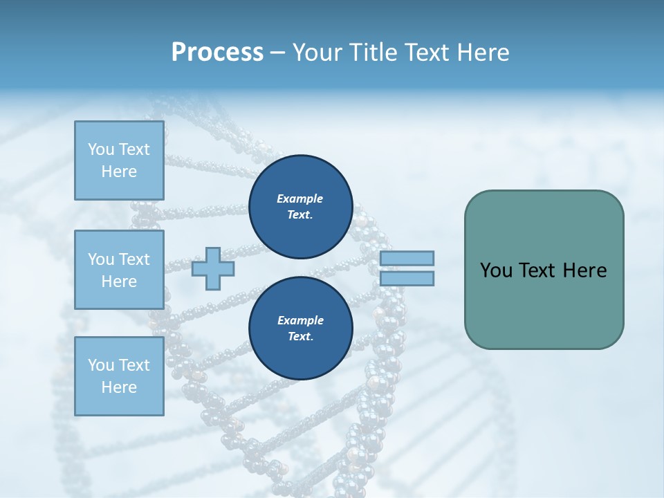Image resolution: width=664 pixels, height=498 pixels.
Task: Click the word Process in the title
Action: (x=217, y=53)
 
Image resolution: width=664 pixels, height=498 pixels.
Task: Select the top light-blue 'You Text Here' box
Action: (x=119, y=160)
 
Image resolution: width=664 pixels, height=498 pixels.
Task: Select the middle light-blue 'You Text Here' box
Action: (x=119, y=270)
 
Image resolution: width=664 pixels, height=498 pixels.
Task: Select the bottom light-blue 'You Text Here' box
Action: (x=119, y=376)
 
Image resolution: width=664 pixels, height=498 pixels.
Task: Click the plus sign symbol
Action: (x=213, y=268)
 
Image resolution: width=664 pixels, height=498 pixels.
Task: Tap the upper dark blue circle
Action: (x=300, y=207)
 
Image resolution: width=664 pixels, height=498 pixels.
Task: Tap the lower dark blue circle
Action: (x=300, y=329)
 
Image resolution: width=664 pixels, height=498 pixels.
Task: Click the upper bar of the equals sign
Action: (x=407, y=259)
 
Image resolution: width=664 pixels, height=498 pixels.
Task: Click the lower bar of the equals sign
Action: (x=407, y=278)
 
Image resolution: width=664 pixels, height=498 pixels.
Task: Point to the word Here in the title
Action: (x=483, y=53)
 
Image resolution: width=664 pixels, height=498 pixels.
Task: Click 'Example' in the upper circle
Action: (x=299, y=199)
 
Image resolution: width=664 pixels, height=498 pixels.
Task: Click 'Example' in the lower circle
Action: (x=299, y=320)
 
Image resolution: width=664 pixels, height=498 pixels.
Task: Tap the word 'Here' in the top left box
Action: (x=119, y=172)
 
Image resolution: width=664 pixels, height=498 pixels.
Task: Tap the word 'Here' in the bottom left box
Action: (x=119, y=387)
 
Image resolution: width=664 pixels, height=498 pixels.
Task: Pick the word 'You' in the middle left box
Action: (x=100, y=259)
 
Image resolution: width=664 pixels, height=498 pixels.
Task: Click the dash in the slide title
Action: (x=278, y=53)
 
